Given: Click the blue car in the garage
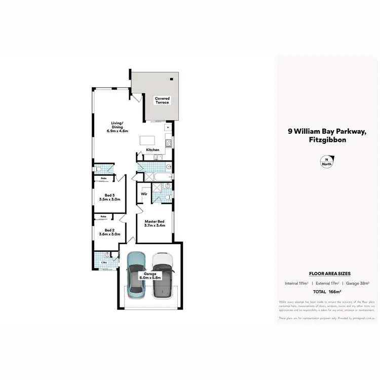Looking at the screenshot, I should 136,276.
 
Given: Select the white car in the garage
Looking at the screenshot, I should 163,276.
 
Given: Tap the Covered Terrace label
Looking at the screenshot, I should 162,100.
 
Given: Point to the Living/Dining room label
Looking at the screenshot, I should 118,127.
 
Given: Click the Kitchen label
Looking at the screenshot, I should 153,150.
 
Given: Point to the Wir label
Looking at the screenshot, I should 144,194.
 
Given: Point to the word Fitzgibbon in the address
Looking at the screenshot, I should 326,140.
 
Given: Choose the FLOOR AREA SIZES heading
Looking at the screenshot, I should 327,273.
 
